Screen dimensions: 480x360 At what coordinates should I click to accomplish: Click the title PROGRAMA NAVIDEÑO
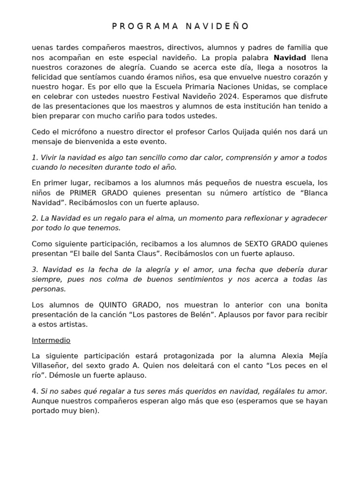pyautogui.click(x=180, y=26)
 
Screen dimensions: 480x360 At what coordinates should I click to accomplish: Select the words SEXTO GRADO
pyautogui.click(x=272, y=244)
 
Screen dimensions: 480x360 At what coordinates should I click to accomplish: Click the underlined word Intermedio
pyautogui.click(x=51, y=340)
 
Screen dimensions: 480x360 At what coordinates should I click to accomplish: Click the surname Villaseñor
pyautogui.click(x=52, y=366)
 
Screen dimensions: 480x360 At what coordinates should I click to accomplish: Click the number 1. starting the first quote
pyautogui.click(x=35, y=157)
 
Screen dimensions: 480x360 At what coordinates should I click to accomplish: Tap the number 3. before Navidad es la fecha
pyautogui.click(x=35, y=270)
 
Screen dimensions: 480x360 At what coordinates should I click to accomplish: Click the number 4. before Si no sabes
pyautogui.click(x=35, y=391)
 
